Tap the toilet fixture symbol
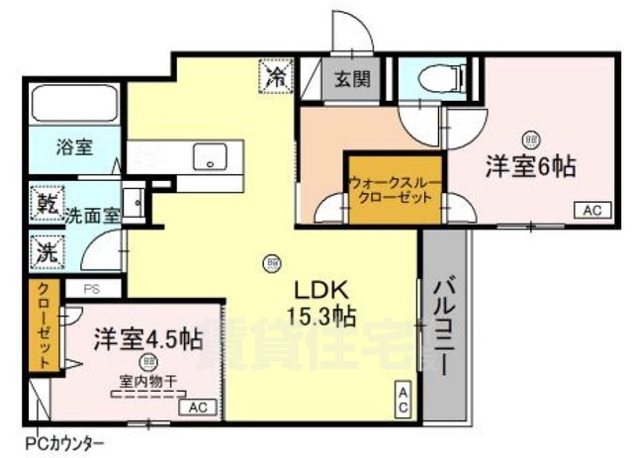coord(435,76)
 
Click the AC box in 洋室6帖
coord(590,209)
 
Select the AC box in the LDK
coord(404,400)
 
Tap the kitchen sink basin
coord(211,156)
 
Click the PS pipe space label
coord(91,289)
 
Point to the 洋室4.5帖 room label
coord(148,339)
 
